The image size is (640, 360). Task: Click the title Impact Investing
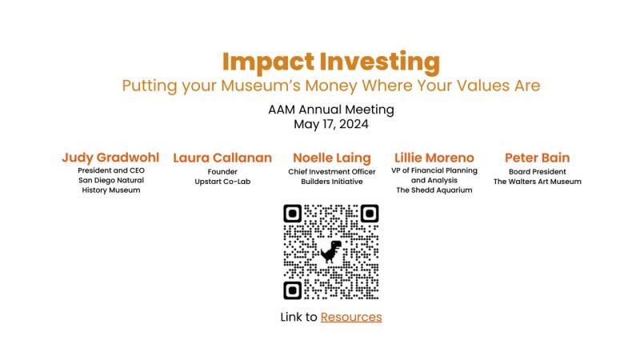click(x=330, y=62)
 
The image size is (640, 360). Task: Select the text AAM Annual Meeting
click(x=330, y=110)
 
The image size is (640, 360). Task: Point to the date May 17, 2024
click(x=330, y=124)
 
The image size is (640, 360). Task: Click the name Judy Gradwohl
click(x=110, y=158)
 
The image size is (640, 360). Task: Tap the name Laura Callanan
click(x=222, y=158)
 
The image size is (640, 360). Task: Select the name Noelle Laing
click(x=331, y=158)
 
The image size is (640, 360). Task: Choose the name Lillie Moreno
click(x=434, y=158)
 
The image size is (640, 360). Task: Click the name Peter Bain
click(x=537, y=158)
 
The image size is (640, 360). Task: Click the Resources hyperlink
click(x=351, y=318)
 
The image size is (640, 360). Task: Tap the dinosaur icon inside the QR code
click(x=330, y=252)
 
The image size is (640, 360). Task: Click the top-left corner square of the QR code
click(x=293, y=214)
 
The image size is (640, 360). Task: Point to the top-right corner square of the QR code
click(x=369, y=214)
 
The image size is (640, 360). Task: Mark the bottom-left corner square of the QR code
click(x=293, y=290)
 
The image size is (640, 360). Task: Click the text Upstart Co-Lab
click(x=222, y=182)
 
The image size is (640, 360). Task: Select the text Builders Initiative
click(x=331, y=182)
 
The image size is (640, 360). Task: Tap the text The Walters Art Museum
click(x=537, y=182)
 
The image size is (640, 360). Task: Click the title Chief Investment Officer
click(x=331, y=171)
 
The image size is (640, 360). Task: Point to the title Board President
click(x=537, y=171)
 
